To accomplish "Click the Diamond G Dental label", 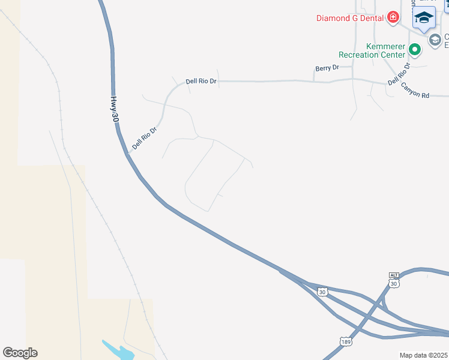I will tap(351, 18).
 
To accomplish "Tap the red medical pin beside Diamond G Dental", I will tap(393, 17).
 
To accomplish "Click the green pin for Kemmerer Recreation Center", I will tap(414, 49).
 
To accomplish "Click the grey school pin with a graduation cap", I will tap(435, 40).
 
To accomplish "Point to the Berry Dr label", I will tap(327, 68).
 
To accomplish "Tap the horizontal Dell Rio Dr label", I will tap(201, 81).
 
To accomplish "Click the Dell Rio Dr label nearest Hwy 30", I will tap(145, 137).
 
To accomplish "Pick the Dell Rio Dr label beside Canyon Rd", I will tap(399, 74).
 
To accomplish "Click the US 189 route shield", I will tap(345, 342).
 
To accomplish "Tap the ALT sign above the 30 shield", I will tap(394, 275).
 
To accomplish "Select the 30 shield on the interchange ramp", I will tap(322, 292).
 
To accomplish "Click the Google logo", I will tap(20, 353).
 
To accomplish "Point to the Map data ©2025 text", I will tap(424, 355).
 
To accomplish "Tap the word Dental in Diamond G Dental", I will tap(372, 18).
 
